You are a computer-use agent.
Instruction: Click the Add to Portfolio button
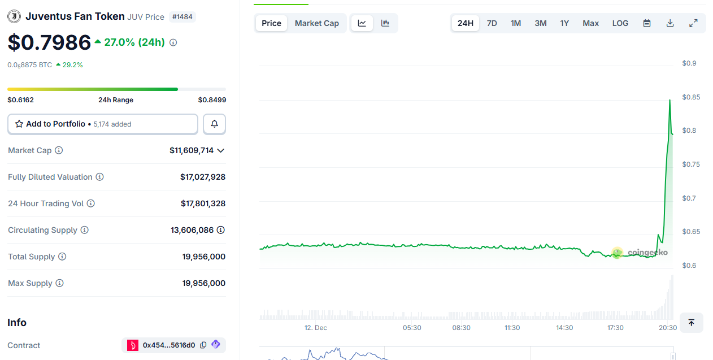pos(102,124)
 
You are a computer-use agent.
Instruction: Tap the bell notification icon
pos(215,124)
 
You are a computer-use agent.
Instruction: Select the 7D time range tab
pos(492,23)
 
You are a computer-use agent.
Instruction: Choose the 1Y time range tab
pos(564,23)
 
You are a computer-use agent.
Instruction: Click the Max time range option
pos(590,23)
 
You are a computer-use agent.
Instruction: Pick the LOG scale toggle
pos(620,23)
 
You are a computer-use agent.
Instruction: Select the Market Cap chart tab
pos(317,23)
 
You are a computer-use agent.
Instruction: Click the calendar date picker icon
pos(647,23)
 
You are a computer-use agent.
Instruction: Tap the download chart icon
pos(670,23)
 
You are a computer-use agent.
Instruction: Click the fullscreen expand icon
pos(693,23)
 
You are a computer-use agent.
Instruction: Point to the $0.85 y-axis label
pos(691,97)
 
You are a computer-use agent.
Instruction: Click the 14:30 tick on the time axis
pos(564,328)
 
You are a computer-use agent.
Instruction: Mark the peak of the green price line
pos(669,100)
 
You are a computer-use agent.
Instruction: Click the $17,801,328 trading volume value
pos(203,203)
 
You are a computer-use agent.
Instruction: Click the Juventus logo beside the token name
pos(14,16)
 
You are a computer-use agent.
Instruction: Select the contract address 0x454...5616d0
pos(168,345)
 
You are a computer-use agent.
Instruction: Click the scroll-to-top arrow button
pos(691,323)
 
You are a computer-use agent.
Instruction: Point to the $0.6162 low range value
pos(21,100)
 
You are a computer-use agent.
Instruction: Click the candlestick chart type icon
pos(385,23)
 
